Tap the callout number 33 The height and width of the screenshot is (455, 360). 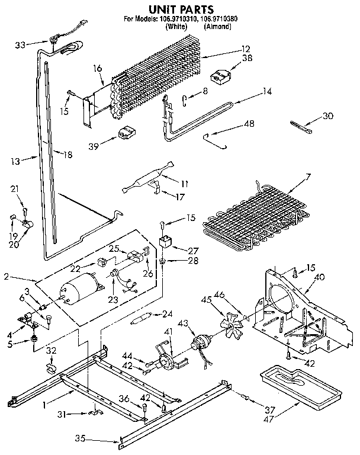coord(20,44)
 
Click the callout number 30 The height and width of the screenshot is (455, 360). coord(327,116)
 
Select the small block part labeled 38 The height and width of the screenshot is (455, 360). coord(222,76)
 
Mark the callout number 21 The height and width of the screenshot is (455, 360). coord(15,188)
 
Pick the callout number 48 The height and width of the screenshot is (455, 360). coord(249,124)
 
